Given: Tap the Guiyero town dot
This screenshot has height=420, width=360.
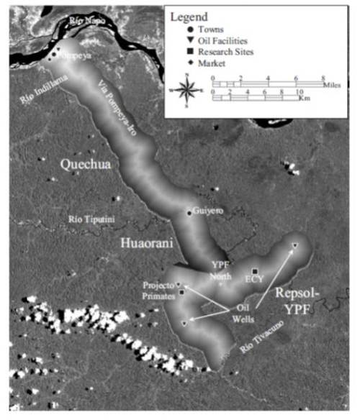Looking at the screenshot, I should pos(189,213).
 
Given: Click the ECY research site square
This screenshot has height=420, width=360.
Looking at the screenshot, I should pos(255,270).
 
